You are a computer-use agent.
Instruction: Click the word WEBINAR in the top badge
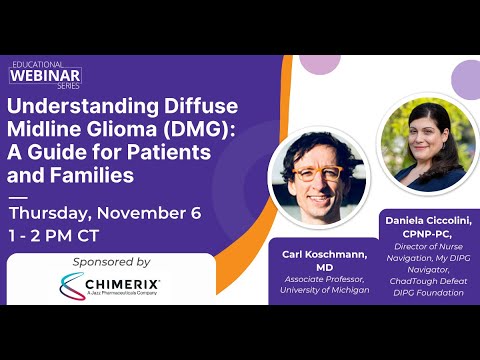coord(46,76)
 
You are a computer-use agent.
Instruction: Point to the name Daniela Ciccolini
coord(429,217)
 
